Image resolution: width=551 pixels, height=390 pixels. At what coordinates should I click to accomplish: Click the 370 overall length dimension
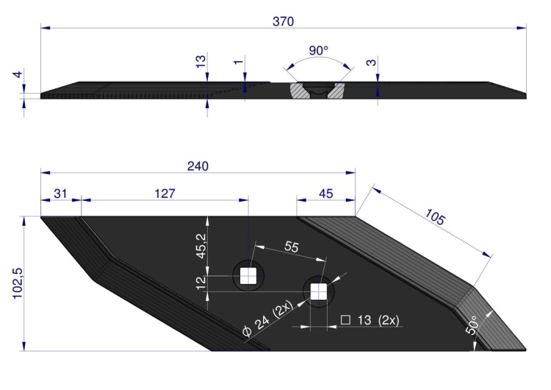pos(284,21)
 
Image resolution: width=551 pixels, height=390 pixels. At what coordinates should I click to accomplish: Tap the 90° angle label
pos(318,50)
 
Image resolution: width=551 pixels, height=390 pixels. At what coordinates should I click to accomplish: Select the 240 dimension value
pos(198,166)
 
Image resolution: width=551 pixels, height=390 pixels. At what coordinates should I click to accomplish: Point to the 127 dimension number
pos(165,194)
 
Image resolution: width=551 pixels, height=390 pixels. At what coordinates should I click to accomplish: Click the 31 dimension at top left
pos(60,194)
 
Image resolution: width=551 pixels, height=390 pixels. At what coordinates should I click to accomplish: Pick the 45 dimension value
pos(325,194)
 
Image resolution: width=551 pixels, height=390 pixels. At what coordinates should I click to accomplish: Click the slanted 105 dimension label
pos(435,216)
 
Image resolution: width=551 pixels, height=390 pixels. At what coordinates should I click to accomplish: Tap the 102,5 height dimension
pos(18,283)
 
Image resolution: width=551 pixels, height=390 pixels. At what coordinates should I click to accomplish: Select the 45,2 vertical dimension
pos(202,246)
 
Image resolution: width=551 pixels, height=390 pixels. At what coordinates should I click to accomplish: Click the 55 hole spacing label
pos(292,247)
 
